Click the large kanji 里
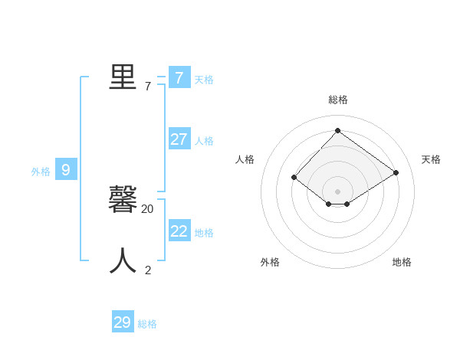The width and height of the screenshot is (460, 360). tap(123, 77)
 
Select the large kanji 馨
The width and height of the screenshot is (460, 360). tap(123, 200)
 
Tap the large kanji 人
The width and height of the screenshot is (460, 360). tap(123, 261)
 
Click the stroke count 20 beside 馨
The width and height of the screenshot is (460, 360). tap(147, 208)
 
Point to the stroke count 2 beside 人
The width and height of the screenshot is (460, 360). tap(148, 270)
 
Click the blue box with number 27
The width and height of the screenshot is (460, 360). tap(179, 139)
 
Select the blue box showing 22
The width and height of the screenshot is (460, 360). tap(179, 231)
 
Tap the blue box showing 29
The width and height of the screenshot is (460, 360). tap(123, 322)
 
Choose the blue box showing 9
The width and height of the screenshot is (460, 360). tap(66, 169)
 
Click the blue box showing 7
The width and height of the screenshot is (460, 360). tap(179, 77)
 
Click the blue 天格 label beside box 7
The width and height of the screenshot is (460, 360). tap(204, 80)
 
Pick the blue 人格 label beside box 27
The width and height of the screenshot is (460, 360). tap(204, 141)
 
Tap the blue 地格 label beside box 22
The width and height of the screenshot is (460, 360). tap(204, 233)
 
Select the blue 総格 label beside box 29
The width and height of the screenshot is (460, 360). tap(147, 325)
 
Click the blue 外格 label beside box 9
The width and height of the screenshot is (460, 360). tap(41, 172)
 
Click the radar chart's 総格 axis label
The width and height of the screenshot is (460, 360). tap(338, 100)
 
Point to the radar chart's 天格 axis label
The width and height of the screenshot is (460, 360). tap(431, 159)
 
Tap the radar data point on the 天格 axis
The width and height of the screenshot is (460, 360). tap(396, 172)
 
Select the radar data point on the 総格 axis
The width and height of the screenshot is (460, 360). tap(337, 130)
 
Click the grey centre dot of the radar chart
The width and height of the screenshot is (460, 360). tap(337, 191)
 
